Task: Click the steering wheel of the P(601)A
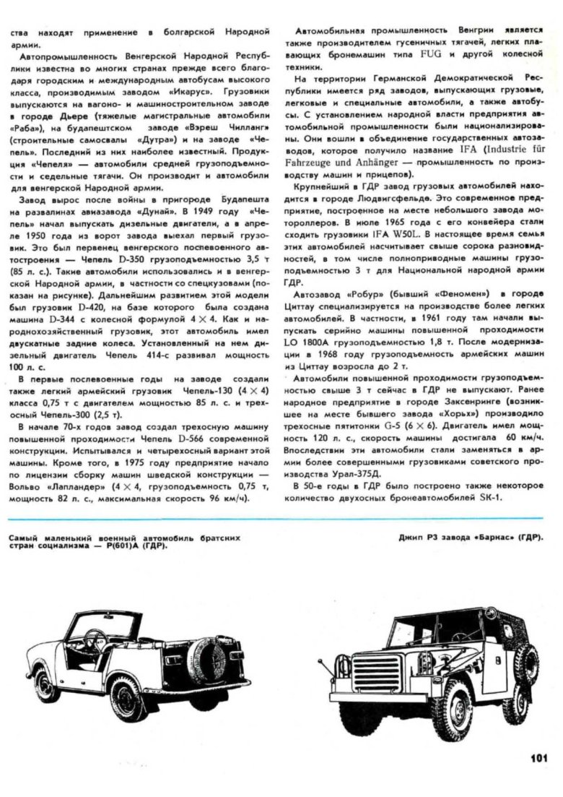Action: pos(95,639)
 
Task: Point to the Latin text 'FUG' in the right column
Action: pos(445,53)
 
